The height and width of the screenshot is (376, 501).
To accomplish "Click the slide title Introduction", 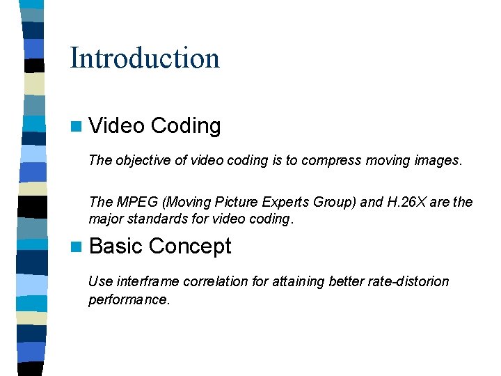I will (x=145, y=58).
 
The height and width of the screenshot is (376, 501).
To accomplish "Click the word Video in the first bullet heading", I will (x=117, y=126).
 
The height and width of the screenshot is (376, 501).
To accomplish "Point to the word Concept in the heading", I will (x=189, y=246).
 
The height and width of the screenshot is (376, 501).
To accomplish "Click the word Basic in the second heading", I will (x=116, y=246).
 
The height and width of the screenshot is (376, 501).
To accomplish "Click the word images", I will (x=438, y=161).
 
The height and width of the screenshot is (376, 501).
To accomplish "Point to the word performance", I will (x=128, y=300).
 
